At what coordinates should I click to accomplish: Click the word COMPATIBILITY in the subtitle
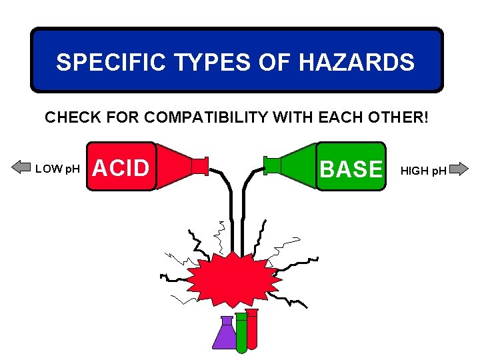tap(223, 118)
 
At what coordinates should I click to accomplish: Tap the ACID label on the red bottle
tap(121, 168)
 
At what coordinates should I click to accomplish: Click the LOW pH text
tap(58, 169)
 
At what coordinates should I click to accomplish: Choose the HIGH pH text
tap(423, 171)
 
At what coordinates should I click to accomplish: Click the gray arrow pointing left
tap(21, 168)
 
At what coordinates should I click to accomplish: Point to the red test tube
tap(251, 329)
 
